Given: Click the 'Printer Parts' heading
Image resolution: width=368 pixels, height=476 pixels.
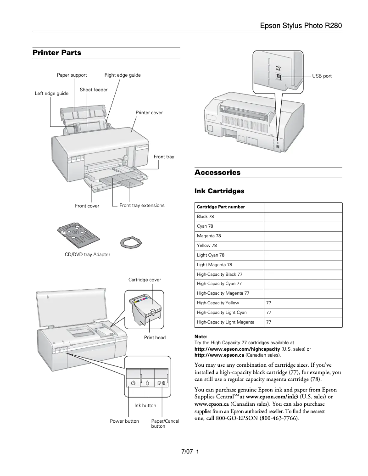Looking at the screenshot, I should click(x=56, y=53).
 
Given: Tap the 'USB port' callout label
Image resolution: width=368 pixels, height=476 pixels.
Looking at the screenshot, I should click(x=322, y=76).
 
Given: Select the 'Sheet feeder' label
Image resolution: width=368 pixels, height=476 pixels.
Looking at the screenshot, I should click(x=94, y=90).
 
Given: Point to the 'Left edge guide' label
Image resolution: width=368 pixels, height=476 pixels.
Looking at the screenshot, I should click(x=51, y=94).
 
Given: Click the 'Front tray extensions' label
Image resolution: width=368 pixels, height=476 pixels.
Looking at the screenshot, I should click(x=142, y=206).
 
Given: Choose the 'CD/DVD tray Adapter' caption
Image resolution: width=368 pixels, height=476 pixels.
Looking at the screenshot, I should click(x=87, y=254).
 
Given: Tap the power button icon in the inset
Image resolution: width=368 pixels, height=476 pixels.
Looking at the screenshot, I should click(x=133, y=382).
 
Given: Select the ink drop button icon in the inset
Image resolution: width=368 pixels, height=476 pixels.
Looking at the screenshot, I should click(x=147, y=382).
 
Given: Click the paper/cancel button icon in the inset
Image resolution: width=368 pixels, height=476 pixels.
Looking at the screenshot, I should click(x=162, y=382).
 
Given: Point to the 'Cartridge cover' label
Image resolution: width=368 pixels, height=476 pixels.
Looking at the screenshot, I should click(x=145, y=280).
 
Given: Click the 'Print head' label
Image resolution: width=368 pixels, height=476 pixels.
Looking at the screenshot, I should click(x=155, y=338).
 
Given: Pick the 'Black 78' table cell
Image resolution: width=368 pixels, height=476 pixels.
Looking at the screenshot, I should click(x=205, y=217).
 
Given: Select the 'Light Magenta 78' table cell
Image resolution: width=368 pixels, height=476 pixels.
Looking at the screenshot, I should click(x=214, y=265).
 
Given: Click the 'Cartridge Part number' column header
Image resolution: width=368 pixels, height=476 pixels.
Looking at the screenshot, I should click(x=221, y=207).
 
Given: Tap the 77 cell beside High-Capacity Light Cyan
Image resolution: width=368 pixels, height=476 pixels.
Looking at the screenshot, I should click(x=269, y=313).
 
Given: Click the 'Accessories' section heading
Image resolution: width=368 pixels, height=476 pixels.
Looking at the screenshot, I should click(x=217, y=173).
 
